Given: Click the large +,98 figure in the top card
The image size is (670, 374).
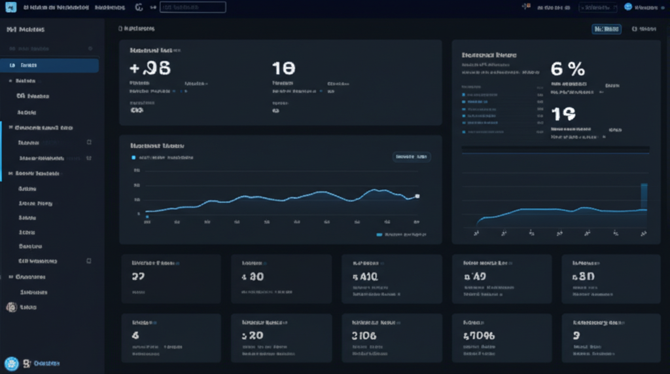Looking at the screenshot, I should (x=150, y=68).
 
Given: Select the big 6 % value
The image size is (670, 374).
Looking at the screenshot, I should (x=567, y=69).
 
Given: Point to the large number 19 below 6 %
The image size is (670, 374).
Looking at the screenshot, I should (x=563, y=115).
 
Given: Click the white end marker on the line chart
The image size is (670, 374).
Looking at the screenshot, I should (x=417, y=196).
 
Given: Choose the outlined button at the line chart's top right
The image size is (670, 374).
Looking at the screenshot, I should (x=411, y=157).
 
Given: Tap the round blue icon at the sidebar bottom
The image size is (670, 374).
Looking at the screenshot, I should (x=11, y=363).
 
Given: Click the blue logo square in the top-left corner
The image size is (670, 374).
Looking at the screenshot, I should (x=10, y=7).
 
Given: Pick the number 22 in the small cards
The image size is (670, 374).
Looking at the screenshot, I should (x=138, y=276).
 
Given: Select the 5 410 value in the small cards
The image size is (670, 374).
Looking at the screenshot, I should (x=365, y=276).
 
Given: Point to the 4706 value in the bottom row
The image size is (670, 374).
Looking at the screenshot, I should (x=480, y=335).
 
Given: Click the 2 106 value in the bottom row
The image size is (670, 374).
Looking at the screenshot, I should (x=364, y=335).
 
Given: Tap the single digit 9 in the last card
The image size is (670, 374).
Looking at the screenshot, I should (x=576, y=335).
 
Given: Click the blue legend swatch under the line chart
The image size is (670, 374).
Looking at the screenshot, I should (x=379, y=234).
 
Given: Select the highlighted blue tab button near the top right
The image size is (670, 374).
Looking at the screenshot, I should (x=606, y=29).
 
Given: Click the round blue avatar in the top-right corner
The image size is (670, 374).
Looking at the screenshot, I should (x=629, y=7).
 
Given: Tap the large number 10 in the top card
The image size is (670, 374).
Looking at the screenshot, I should (x=283, y=68).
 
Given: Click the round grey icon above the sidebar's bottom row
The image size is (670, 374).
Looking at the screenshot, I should (x=11, y=307).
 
